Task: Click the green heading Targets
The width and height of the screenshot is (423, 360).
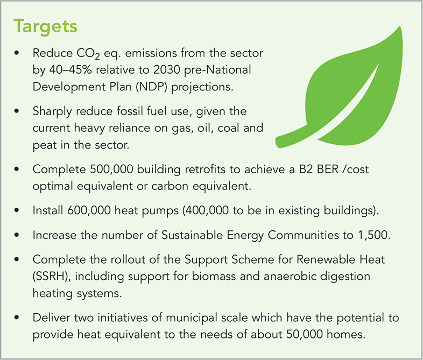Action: pos(45,27)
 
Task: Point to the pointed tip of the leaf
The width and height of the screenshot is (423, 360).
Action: pos(400,27)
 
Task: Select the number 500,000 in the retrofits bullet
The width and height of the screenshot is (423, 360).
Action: pos(111,170)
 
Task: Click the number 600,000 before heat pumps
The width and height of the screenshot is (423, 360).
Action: pos(89,210)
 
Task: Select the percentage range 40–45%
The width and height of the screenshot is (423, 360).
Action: pos(70,70)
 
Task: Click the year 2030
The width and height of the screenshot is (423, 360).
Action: pos(166,70)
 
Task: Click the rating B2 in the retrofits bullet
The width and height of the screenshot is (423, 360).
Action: pos(306,170)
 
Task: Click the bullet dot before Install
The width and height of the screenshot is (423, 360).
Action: pos(17,210)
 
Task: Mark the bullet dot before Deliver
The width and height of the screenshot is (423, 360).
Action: pos(17,317)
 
